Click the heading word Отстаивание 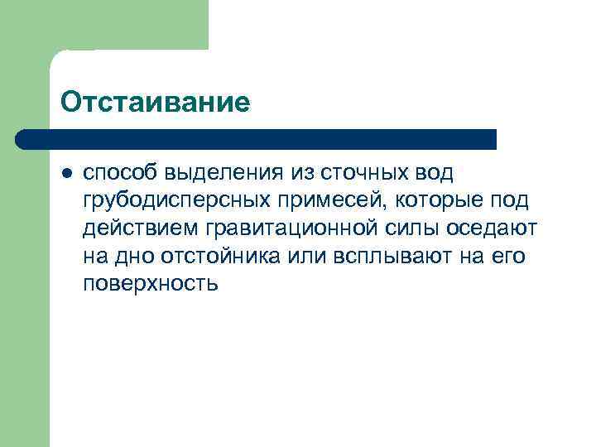point(155,103)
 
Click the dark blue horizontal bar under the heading point(257,139)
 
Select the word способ point(120,174)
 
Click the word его point(508,257)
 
